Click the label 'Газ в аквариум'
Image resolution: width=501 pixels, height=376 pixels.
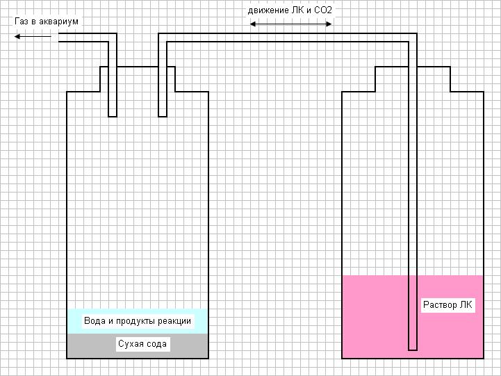click(x=47, y=22)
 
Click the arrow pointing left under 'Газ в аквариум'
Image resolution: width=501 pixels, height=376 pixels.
click(x=32, y=35)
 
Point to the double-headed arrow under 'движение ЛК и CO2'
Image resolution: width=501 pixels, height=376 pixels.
click(x=291, y=24)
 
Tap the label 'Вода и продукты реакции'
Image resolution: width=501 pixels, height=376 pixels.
click(x=138, y=320)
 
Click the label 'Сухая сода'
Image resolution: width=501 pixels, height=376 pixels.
click(x=143, y=344)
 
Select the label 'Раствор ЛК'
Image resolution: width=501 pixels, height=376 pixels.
click(x=447, y=305)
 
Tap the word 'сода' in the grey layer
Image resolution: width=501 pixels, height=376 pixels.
click(x=156, y=344)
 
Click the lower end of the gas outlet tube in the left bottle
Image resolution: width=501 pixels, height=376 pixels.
click(x=113, y=116)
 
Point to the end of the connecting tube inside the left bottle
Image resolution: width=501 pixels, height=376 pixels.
click(x=163, y=116)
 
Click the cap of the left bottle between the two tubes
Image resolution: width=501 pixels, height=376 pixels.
click(x=138, y=67)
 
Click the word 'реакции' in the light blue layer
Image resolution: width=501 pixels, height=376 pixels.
click(x=174, y=320)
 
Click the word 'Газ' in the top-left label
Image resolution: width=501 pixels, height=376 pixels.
click(x=22, y=22)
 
